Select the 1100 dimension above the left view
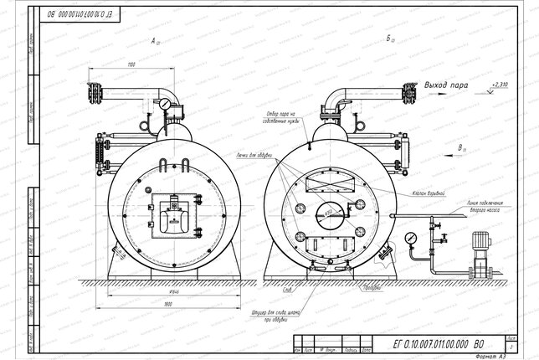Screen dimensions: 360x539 point(131,64)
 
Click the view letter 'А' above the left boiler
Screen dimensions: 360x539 point(153,39)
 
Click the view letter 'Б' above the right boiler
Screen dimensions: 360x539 point(389,39)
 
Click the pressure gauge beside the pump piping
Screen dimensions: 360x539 point(410,238)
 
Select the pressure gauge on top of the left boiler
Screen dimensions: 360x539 point(167,104)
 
